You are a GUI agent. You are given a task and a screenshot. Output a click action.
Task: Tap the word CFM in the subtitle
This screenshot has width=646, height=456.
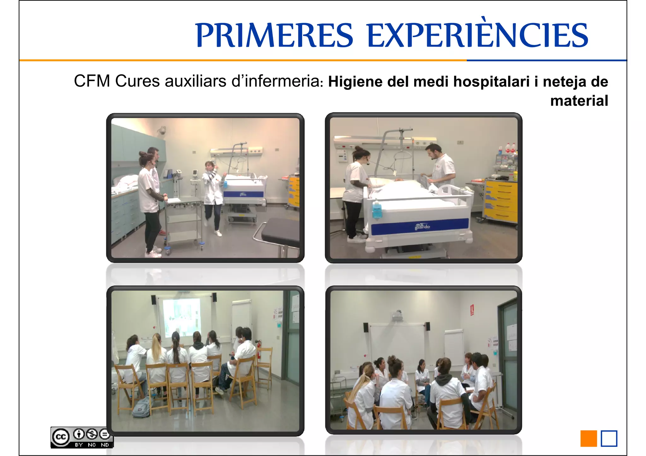(92, 81)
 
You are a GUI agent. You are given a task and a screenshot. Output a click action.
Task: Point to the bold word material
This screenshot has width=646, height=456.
(579, 101)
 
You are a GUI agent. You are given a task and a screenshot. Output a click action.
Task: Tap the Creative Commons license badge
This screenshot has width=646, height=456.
(82, 437)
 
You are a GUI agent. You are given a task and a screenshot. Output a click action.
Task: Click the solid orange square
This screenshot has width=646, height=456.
(589, 439)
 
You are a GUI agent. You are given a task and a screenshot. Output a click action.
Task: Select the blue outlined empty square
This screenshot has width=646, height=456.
(609, 439)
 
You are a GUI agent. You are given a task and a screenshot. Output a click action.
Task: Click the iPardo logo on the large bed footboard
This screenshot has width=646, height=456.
(422, 227)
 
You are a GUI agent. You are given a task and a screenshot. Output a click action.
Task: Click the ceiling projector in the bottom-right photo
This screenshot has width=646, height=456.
(398, 315)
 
